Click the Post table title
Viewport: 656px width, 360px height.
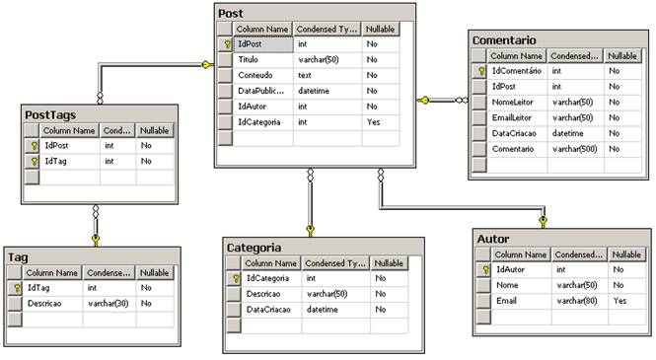pyautogui.click(x=233, y=13)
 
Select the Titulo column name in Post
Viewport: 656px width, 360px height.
pyautogui.click(x=249, y=60)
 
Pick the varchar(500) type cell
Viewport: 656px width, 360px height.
pyautogui.click(x=573, y=148)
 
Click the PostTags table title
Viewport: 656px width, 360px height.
pyautogui.click(x=57, y=115)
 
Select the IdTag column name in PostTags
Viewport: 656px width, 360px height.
pyautogui.click(x=57, y=161)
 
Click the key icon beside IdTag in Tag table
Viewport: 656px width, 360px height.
pyautogui.click(x=17, y=287)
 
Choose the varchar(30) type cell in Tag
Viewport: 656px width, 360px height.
pyautogui.click(x=108, y=303)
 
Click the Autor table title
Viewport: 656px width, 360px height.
pyautogui.click(x=493, y=239)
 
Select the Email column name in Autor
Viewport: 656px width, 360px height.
pyautogui.click(x=506, y=300)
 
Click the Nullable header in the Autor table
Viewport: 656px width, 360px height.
pyautogui.click(x=627, y=253)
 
